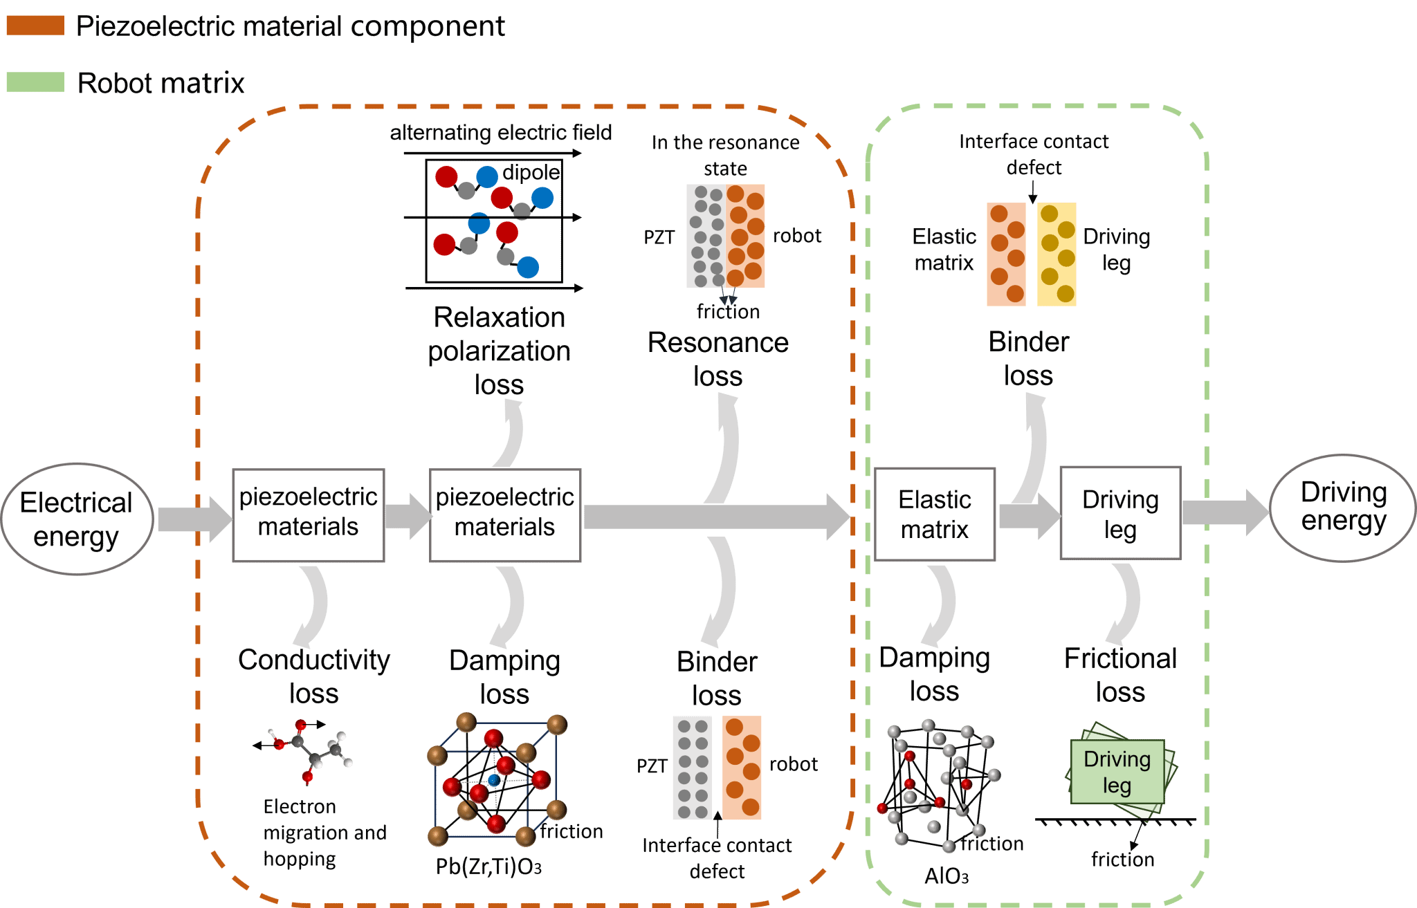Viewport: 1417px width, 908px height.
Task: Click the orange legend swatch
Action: coord(35,26)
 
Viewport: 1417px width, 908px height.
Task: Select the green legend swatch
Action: coord(35,82)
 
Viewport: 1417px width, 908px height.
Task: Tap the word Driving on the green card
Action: coord(1117,759)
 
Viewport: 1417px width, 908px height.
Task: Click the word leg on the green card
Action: coord(1117,786)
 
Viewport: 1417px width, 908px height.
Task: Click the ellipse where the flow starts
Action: coord(77,518)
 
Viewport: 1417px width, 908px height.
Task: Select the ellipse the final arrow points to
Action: coord(1342,508)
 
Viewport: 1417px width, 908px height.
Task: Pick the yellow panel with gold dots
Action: coord(1057,254)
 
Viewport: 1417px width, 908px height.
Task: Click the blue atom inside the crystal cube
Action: coord(493,780)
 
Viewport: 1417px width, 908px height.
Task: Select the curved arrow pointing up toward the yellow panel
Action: coord(1032,446)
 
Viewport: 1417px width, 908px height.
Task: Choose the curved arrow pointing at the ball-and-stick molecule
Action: coord(312,606)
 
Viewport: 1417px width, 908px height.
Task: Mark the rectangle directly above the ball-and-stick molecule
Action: coord(309,515)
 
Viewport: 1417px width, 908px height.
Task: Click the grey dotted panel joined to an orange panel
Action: coord(705,236)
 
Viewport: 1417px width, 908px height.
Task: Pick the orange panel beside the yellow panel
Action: coord(1006,254)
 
